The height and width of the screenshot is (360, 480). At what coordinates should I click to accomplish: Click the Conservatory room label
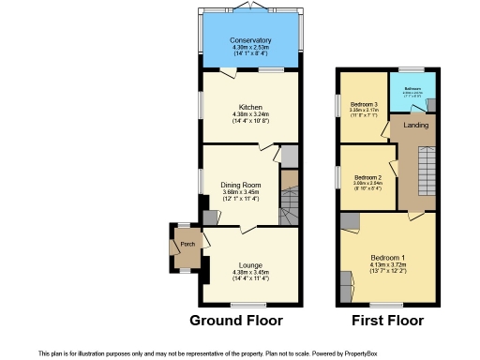tap(250, 41)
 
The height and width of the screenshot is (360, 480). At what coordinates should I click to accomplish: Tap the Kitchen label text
tap(250, 108)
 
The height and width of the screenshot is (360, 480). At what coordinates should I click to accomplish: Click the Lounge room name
tap(250, 264)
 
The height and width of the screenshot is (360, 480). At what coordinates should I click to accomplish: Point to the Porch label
tap(187, 246)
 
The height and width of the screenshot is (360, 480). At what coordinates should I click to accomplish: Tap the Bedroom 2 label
tap(367, 177)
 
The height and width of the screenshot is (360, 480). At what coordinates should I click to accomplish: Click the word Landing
tap(416, 125)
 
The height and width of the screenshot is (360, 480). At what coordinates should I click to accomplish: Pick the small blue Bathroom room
tap(413, 93)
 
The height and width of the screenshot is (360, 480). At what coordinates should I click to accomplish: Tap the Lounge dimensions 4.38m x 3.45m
tap(250, 272)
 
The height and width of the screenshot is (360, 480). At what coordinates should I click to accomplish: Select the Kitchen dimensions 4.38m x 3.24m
tap(250, 116)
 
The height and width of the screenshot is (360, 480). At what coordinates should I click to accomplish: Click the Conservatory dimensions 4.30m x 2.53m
tap(250, 49)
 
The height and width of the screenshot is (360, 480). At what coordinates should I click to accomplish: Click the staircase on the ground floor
tap(289, 200)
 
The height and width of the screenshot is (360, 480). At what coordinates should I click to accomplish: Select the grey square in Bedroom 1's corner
tap(349, 221)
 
